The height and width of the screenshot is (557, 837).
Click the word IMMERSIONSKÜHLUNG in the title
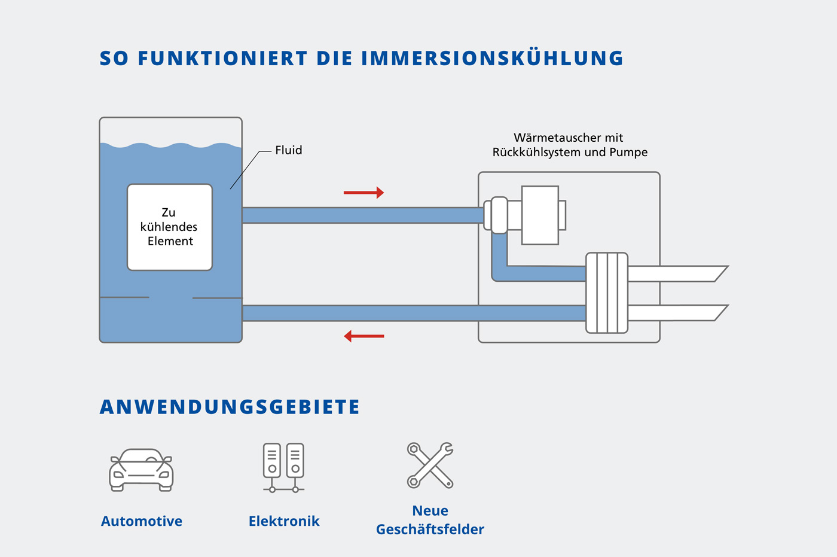pos(493,58)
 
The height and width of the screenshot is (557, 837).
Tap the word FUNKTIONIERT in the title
pos(222,58)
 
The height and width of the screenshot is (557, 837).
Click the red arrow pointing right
pos(363,193)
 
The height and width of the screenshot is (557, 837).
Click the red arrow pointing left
pos(363,336)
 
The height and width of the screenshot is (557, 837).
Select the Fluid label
pos(288,150)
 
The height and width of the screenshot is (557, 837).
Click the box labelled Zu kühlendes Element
pos(170,227)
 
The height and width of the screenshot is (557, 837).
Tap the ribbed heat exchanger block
pos(606,293)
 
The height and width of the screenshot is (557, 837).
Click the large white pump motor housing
pos(540,215)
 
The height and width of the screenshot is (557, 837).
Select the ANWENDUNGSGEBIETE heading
pos(230,407)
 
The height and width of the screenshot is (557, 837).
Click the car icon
pos(141,470)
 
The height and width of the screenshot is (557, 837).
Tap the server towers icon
pos(283,468)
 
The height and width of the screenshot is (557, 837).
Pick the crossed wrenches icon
pos(430,465)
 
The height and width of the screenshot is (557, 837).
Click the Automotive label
pos(142,521)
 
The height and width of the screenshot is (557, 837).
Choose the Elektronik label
pos(284,521)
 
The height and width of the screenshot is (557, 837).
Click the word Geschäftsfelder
pos(430,529)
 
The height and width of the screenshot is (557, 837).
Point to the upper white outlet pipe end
pos(721,273)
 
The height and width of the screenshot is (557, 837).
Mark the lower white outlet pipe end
pos(721,313)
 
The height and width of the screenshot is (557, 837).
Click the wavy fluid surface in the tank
pos(171,145)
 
